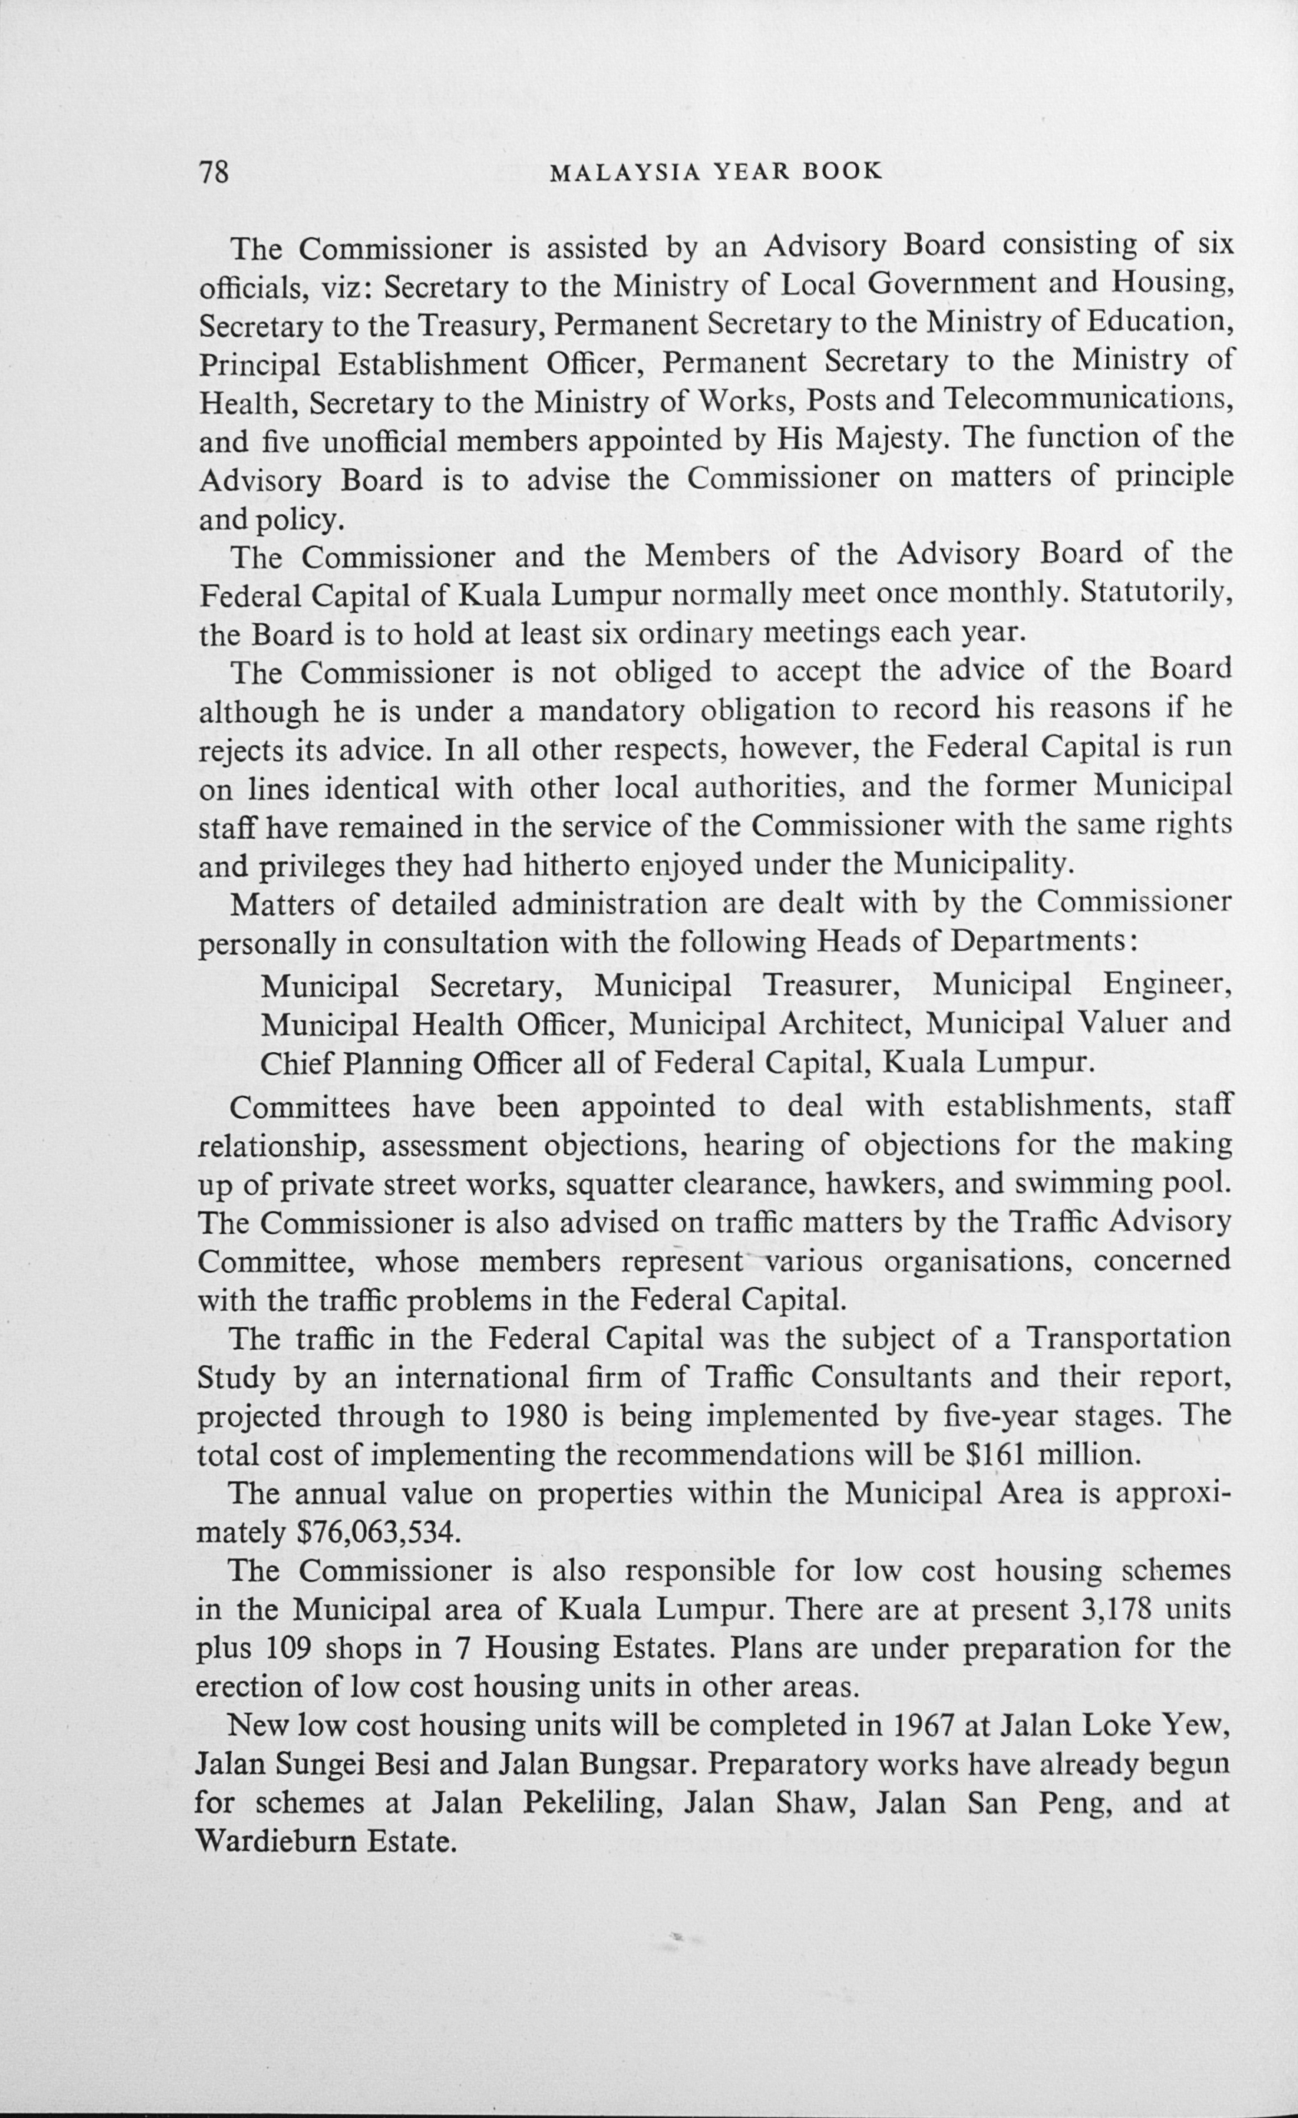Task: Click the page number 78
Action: click(214, 173)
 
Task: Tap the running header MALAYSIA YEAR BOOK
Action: click(715, 172)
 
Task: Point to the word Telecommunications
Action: click(1089, 400)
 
